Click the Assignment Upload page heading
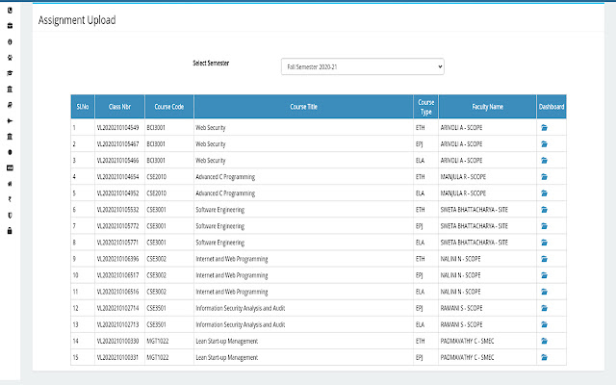(77, 21)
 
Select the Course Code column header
(167, 107)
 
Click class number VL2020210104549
(118, 127)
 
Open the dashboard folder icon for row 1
(544, 127)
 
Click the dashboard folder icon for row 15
(544, 357)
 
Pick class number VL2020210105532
(118, 209)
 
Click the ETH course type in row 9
(420, 258)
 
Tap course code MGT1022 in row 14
(158, 341)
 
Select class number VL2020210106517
(118, 275)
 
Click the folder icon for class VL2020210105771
(544, 242)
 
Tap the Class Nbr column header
(118, 107)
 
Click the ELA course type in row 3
(420, 160)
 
